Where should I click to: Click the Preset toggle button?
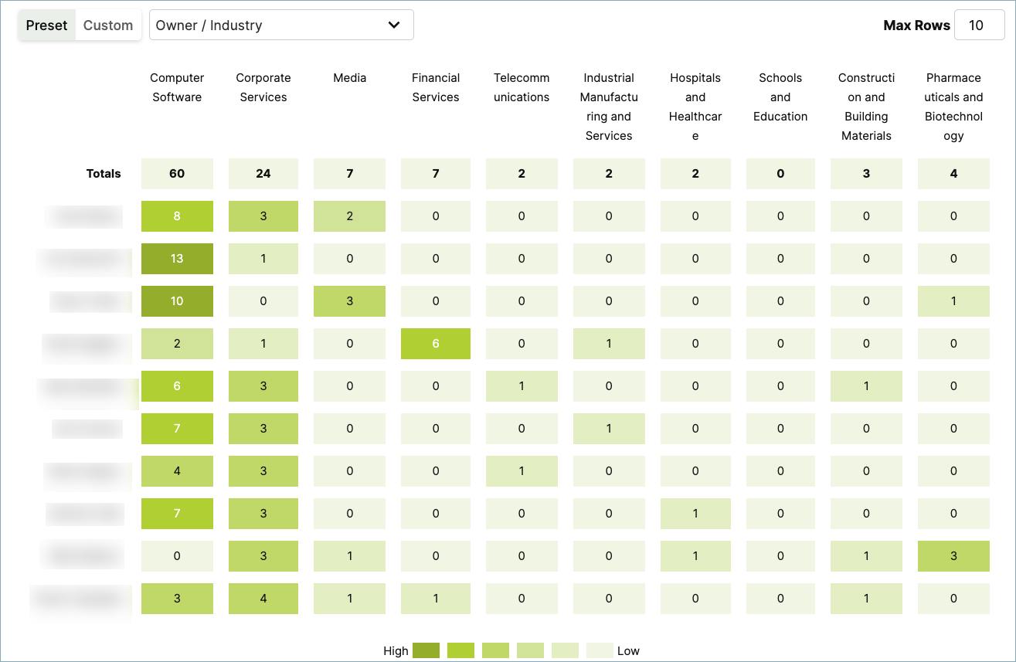click(47, 25)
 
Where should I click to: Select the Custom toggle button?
click(108, 25)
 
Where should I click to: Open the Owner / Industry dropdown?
click(281, 25)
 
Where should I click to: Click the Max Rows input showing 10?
click(979, 25)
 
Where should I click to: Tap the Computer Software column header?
click(177, 87)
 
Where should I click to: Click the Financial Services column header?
click(436, 87)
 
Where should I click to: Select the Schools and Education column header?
click(780, 97)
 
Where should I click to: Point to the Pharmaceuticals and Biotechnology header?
click(953, 107)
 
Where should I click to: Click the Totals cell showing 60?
click(177, 174)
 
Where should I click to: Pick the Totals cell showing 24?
click(263, 174)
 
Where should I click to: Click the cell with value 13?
click(177, 259)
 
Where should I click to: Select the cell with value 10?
click(177, 301)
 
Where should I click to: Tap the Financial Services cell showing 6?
click(436, 344)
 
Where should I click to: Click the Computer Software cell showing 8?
click(177, 216)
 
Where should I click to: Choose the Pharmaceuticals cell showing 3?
click(953, 556)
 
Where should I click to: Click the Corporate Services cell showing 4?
click(263, 599)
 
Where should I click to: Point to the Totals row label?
click(104, 174)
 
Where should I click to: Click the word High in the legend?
click(396, 651)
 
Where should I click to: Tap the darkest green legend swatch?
click(426, 650)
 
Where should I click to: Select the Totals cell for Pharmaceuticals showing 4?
click(953, 174)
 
